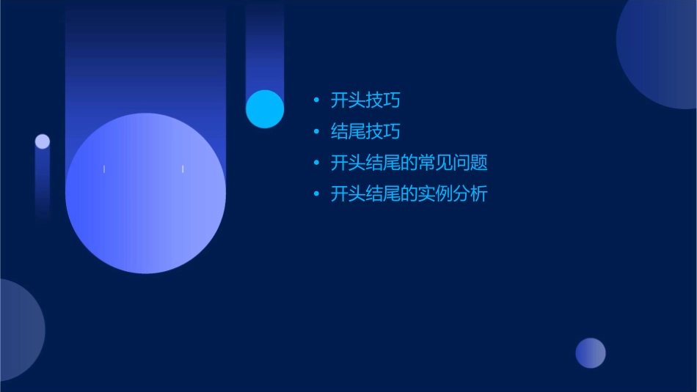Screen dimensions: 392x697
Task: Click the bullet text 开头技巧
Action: pyautogui.click(x=365, y=100)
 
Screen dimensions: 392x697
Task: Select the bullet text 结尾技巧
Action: pyautogui.click(x=365, y=132)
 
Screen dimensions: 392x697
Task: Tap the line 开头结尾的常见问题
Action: pyautogui.click(x=409, y=163)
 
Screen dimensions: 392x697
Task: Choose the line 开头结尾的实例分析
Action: pyautogui.click(x=409, y=194)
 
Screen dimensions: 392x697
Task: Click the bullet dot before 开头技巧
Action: pyautogui.click(x=316, y=100)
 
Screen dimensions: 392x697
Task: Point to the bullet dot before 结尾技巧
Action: pyautogui.click(x=316, y=132)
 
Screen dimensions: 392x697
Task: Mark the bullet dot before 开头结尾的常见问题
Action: pyautogui.click(x=316, y=163)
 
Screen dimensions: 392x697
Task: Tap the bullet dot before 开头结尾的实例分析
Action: pyautogui.click(x=316, y=194)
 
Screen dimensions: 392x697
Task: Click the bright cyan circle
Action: pyautogui.click(x=265, y=109)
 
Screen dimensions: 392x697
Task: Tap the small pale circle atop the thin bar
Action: pyautogui.click(x=43, y=141)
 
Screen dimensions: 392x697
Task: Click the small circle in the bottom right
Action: pyautogui.click(x=591, y=353)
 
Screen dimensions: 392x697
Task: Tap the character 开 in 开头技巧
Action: pyautogui.click(x=339, y=100)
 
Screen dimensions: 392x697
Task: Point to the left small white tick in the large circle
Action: pyautogui.click(x=104, y=169)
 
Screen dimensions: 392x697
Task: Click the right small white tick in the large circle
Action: pyautogui.click(x=183, y=169)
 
